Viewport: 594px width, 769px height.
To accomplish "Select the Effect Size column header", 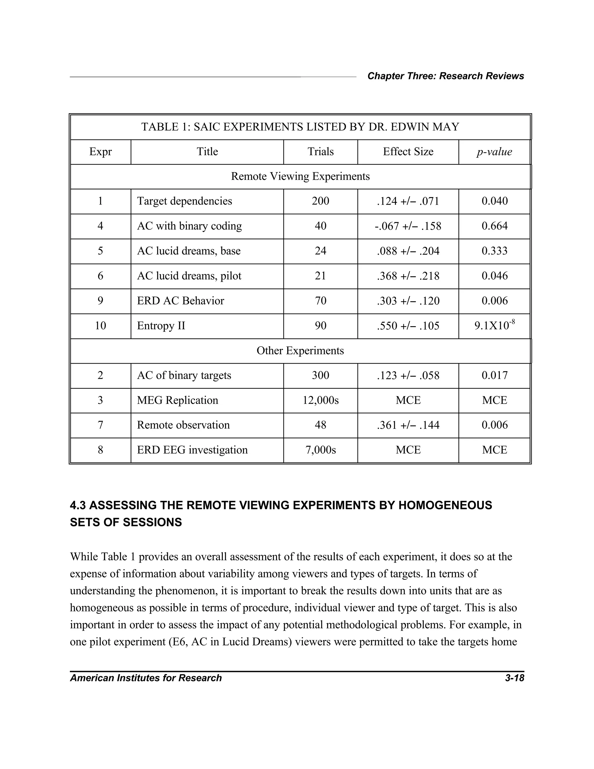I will click(408, 152).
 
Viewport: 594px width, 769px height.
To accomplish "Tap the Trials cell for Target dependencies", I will click(320, 201).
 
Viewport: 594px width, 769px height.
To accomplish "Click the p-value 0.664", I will click(495, 226).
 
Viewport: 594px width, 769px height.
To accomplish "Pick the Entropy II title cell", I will click(161, 326).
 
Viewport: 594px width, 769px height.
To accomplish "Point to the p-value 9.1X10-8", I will click(495, 325).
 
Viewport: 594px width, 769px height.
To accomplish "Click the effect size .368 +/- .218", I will click(408, 276).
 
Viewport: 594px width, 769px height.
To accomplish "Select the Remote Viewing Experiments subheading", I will click(300, 176).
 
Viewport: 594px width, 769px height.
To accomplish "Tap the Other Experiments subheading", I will click(300, 351).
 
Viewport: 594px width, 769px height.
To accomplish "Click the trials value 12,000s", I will click(320, 400).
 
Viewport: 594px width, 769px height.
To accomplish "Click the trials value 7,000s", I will click(320, 450).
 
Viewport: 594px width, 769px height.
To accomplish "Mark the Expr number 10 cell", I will click(100, 326).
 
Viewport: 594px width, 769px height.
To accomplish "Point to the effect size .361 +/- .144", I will click(408, 425).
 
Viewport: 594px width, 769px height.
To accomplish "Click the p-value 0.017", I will click(495, 375).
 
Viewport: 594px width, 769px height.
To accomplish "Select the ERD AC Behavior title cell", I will click(180, 301).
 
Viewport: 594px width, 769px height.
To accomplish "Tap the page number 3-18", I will click(515, 678).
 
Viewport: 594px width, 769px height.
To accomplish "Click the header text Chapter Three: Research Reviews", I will click(445, 76).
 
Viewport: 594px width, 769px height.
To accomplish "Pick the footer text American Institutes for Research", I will click(146, 678).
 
